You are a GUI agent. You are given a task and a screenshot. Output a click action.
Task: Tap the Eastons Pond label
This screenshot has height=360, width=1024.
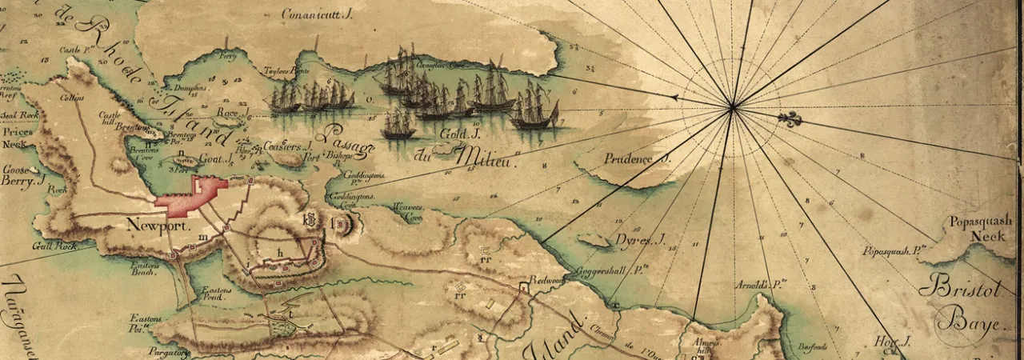click(217, 294)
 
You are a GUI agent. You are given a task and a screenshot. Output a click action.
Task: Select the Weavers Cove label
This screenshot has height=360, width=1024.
click(406, 212)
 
